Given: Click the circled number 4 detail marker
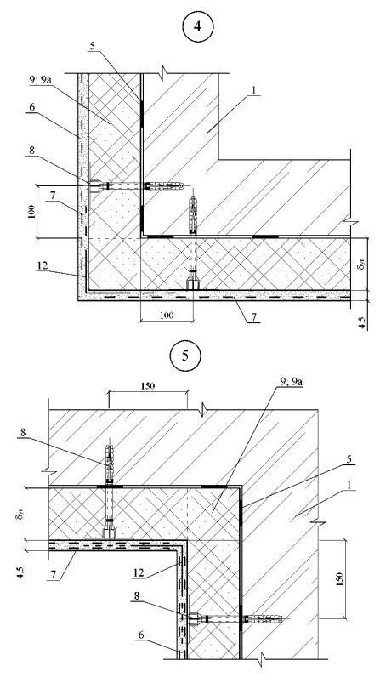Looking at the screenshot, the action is pyautogui.click(x=197, y=26).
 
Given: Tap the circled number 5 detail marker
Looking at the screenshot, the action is pyautogui.click(x=185, y=356).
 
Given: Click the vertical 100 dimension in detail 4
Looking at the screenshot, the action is pyautogui.click(x=31, y=211).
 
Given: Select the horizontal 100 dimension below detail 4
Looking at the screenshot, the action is pyautogui.click(x=167, y=315).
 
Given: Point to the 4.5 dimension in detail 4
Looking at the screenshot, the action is pyautogui.click(x=364, y=321).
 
